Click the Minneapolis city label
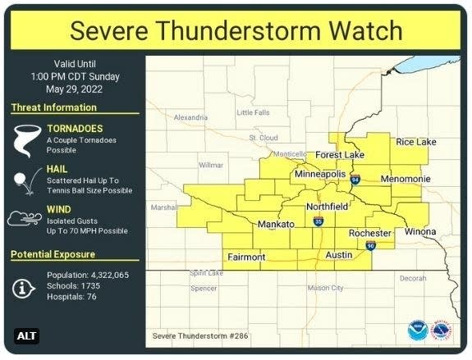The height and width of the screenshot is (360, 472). (322, 175)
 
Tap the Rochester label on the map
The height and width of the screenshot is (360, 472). (370, 233)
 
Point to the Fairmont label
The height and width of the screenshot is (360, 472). (246, 257)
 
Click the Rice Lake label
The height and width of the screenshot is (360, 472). (416, 142)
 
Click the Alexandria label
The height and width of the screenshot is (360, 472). (191, 117)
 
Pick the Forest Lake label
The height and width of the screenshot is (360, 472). (340, 154)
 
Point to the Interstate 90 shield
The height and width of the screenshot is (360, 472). (371, 245)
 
